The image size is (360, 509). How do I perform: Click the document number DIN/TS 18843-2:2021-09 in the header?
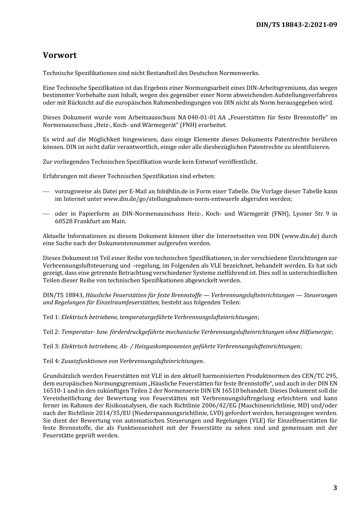coord(296,25)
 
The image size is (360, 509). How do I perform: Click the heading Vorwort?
coord(59,55)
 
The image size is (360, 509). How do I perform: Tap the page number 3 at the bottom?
coord(335,488)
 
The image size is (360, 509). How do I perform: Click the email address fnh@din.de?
coord(170,191)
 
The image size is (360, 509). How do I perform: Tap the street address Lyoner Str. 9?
coord(310,214)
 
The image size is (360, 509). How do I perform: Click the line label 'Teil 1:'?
coord(51,317)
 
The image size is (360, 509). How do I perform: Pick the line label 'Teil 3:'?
coord(51,346)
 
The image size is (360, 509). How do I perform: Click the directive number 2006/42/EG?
coord(218,406)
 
